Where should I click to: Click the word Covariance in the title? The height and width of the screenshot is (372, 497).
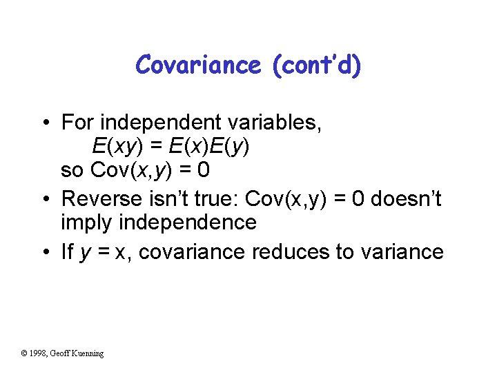coord(199,65)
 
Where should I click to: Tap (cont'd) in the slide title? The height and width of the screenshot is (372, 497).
coord(316,65)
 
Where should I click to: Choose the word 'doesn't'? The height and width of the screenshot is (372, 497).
coord(407,199)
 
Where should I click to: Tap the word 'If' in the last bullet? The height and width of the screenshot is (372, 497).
coord(67,252)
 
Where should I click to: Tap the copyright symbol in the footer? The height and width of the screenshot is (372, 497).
coord(24,353)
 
